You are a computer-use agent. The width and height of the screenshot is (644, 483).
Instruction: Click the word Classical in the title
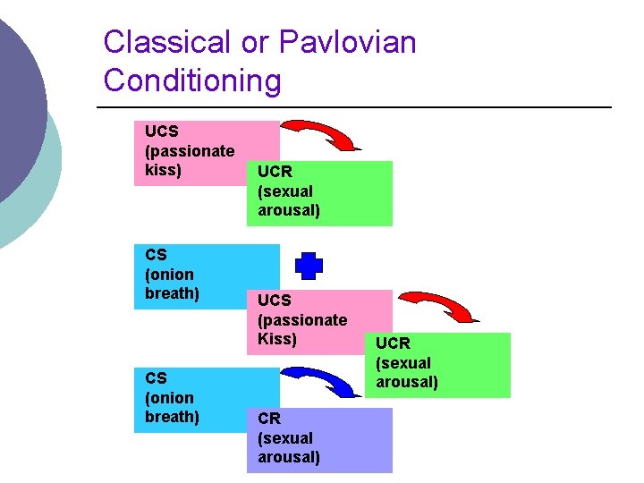(167, 42)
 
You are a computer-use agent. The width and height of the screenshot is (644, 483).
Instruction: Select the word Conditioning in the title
(192, 80)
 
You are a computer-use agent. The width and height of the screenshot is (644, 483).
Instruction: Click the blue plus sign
(309, 267)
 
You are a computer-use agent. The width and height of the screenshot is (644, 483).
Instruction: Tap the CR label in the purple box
(269, 419)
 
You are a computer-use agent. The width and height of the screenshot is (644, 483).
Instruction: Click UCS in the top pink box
(162, 131)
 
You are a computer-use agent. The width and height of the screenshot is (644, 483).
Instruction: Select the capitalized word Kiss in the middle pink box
(276, 339)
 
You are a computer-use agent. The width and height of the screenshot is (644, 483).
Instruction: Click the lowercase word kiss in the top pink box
(163, 170)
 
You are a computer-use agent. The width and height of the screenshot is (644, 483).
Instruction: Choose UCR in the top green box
(275, 171)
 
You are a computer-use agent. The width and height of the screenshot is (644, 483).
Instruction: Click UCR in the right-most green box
(393, 343)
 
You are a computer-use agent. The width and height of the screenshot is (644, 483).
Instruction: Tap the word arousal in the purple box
(289, 458)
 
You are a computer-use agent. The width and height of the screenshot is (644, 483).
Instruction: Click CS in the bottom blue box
(156, 378)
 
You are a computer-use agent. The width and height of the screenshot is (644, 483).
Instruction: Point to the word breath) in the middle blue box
(172, 293)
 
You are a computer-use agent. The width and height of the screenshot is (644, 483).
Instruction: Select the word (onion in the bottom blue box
(169, 398)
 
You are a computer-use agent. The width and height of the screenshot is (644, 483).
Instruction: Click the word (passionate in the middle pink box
(302, 319)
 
